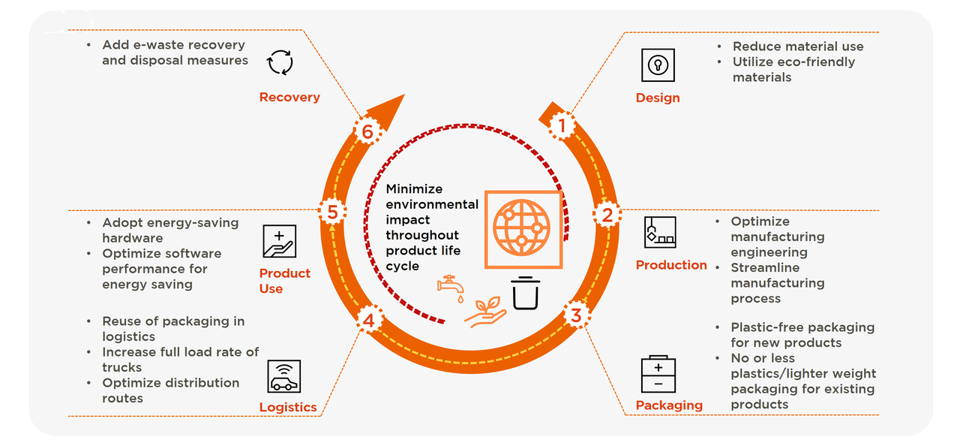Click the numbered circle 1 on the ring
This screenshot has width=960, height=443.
pyautogui.click(x=562, y=127)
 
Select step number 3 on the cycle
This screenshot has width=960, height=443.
pyautogui.click(x=575, y=315)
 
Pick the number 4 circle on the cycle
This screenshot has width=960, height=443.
pyautogui.click(x=368, y=321)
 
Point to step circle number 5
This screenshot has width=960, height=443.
pyautogui.click(x=332, y=212)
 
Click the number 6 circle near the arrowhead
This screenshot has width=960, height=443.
pyautogui.click(x=367, y=132)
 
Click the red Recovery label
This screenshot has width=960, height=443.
pyautogui.click(x=289, y=97)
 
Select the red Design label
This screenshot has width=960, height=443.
pyautogui.click(x=658, y=98)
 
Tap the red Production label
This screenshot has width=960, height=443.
pyautogui.click(x=671, y=265)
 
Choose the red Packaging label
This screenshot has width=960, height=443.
pyautogui.click(x=669, y=405)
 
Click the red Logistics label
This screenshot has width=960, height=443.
pyautogui.click(x=288, y=407)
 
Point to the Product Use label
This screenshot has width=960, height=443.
pyautogui.click(x=284, y=281)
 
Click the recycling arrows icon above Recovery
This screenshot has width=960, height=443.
pyautogui.click(x=280, y=62)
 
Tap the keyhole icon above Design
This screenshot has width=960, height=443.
pyautogui.click(x=658, y=65)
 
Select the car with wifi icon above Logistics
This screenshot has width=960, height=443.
pyautogui.click(x=283, y=376)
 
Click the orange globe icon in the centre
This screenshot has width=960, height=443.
pyautogui.click(x=522, y=228)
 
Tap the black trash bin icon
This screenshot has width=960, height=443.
pyautogui.click(x=525, y=293)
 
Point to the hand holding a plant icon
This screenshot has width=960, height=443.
pyautogui.click(x=485, y=312)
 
